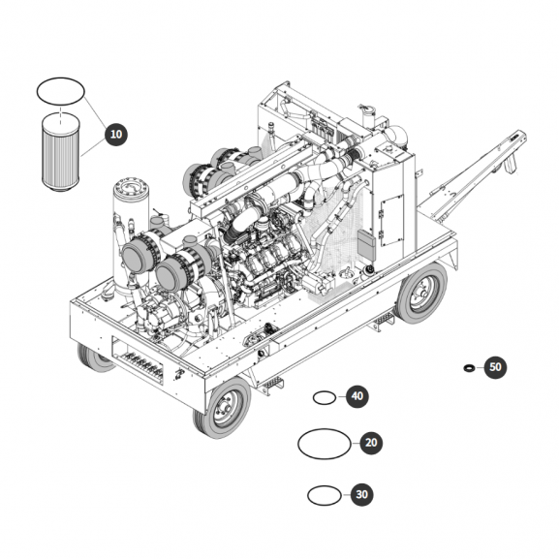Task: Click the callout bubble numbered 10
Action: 116,135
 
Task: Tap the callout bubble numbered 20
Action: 371,443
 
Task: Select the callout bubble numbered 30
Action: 362,494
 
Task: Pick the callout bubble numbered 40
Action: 357,396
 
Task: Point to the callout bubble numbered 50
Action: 495,367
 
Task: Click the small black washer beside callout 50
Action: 469,367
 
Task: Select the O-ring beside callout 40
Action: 324,391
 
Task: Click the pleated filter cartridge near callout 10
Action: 61,153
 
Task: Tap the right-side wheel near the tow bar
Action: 421,293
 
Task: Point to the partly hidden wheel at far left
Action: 93,357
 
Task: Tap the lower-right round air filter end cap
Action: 170,274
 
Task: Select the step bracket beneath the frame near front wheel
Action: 270,385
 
